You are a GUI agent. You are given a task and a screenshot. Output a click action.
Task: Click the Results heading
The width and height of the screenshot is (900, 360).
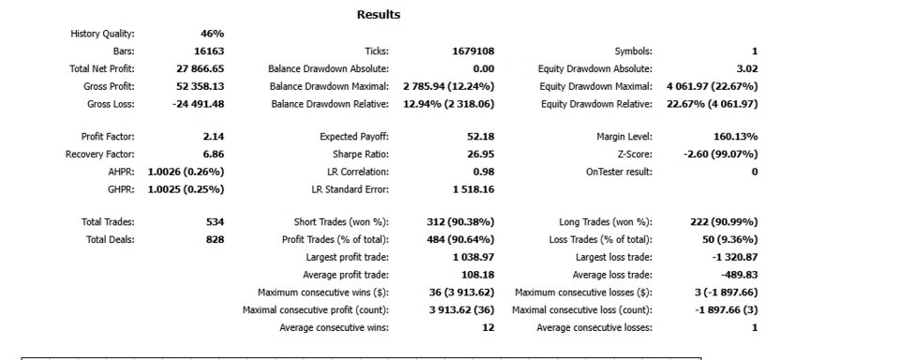tap(378, 14)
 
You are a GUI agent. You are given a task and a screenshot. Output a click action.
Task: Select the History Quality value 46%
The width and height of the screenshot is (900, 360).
tap(212, 34)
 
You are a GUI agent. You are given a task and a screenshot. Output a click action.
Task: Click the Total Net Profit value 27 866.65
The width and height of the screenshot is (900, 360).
tap(201, 68)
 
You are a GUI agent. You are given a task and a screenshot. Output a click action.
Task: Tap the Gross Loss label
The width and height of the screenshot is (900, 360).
tap(111, 104)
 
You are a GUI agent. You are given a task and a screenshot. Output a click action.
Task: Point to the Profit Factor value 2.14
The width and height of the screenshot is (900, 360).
tap(214, 137)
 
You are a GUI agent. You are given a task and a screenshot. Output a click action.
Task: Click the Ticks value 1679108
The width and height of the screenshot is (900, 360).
tap(472, 52)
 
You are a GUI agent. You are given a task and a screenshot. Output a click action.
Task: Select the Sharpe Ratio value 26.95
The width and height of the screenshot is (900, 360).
tap(481, 154)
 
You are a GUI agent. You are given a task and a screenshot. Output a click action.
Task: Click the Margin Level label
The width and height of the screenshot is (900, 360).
tap(624, 137)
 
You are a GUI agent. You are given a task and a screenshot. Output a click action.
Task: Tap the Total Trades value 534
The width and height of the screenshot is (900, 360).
tap(215, 221)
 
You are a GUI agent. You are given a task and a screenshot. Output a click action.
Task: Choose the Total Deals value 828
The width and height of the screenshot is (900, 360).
tap(215, 239)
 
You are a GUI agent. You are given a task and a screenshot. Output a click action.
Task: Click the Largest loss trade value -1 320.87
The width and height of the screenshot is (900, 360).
tap(735, 257)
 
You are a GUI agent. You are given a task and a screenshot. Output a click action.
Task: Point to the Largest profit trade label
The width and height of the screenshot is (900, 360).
tap(347, 257)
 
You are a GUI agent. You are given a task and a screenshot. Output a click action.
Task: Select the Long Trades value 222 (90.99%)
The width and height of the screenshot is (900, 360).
tap(724, 221)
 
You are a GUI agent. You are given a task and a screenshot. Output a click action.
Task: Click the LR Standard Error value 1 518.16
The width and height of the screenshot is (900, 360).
tap(473, 188)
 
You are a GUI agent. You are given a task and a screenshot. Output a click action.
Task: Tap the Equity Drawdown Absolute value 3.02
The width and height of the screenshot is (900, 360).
tap(747, 68)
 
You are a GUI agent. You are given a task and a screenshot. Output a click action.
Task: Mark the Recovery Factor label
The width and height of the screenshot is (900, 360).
tap(100, 154)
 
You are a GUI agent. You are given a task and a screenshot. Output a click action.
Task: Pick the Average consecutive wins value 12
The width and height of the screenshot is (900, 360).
tap(489, 328)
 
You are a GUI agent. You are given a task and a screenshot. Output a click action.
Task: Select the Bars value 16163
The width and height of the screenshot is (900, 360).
tap(209, 52)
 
